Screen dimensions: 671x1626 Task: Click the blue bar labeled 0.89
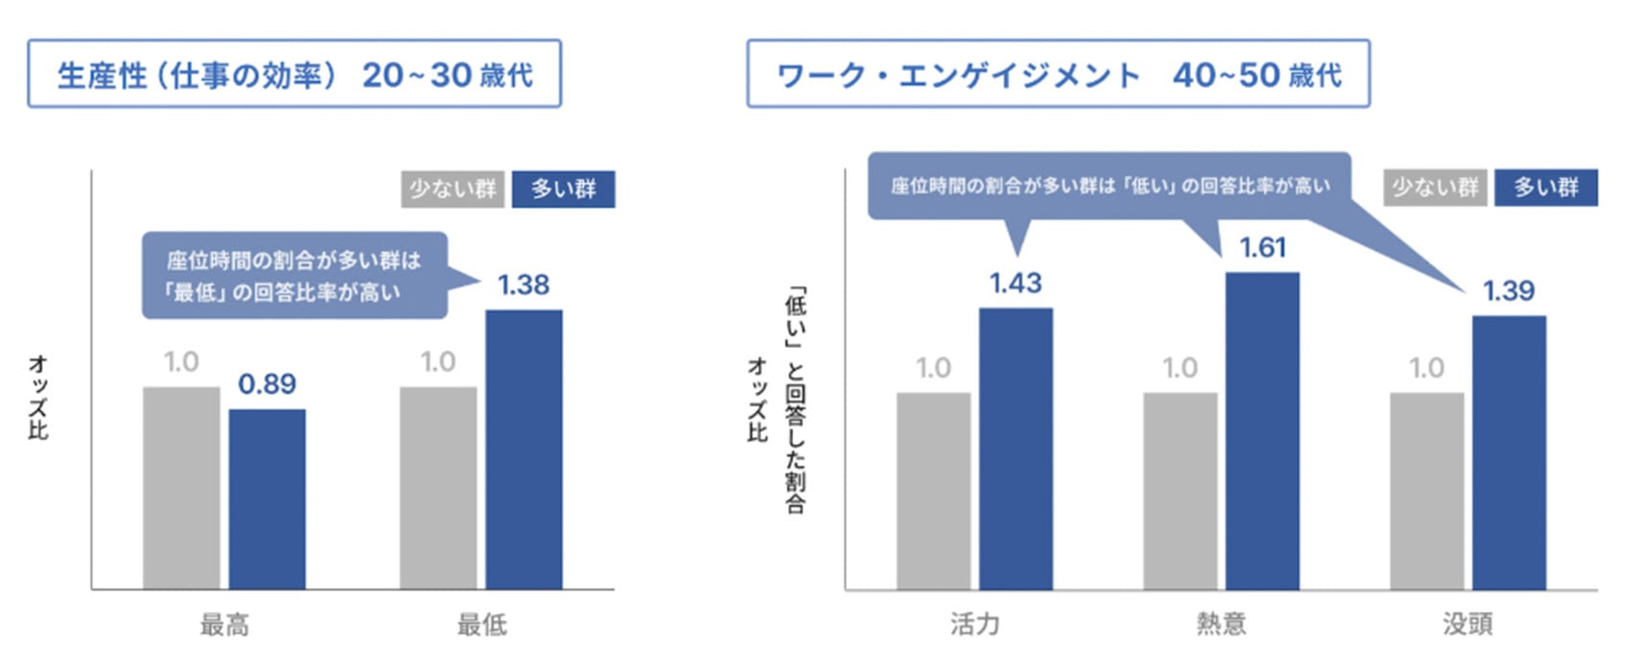pos(267,498)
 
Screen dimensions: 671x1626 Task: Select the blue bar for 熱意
pos(1262,430)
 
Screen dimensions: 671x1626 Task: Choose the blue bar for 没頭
pos(1508,452)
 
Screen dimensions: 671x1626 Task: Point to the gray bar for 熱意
pos(1180,491)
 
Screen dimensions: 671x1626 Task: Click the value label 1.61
pos(1262,248)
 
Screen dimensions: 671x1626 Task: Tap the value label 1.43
pos(1015,284)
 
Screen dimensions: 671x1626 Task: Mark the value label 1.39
pos(1508,291)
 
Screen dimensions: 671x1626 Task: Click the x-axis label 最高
pos(224,626)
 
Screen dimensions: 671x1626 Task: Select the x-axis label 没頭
pos(1467,624)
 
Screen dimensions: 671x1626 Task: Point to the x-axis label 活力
pos(974,624)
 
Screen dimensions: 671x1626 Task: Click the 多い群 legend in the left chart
pos(563,189)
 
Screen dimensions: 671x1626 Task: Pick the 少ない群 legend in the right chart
pos(1434,187)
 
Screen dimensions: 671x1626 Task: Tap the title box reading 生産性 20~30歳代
pos(293,74)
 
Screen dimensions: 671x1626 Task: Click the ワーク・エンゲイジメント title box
pos(1057,74)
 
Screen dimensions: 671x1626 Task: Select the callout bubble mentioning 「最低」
pos(294,275)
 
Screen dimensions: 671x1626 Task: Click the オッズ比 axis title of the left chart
pos(38,397)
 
